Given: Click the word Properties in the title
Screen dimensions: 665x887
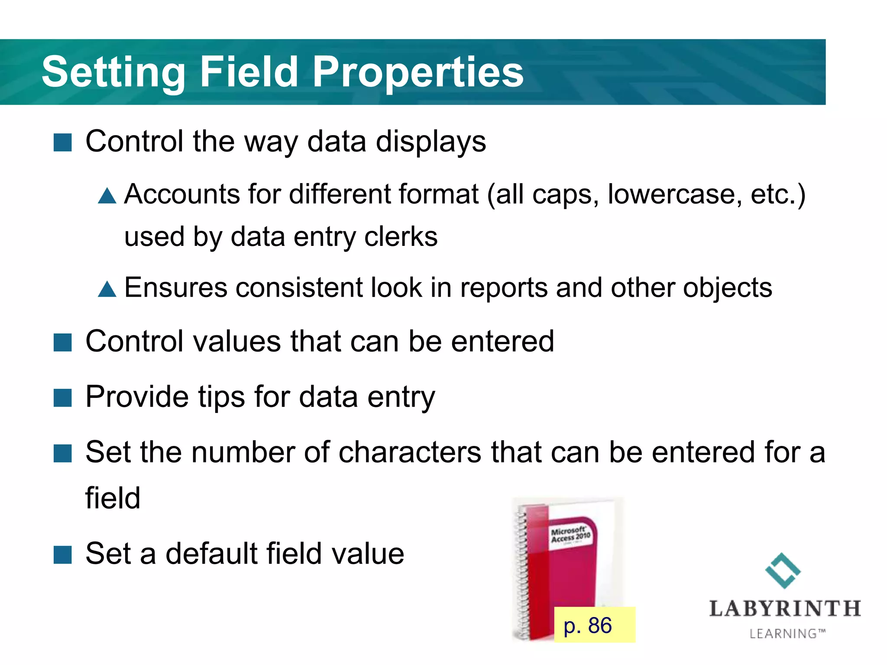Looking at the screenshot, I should [x=418, y=73].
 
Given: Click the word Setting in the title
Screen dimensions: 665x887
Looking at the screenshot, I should [x=113, y=73].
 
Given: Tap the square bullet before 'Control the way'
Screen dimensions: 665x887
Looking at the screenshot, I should [x=62, y=142].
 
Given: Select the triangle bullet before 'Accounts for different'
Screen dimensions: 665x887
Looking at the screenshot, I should [x=107, y=196].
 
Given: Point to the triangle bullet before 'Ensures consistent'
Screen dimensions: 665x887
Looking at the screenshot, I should [x=107, y=289].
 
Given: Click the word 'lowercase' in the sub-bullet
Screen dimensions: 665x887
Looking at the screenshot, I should [x=671, y=194].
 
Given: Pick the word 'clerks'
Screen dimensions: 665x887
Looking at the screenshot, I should [x=401, y=237].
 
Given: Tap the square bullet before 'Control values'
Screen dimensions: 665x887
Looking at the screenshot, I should [x=62, y=342].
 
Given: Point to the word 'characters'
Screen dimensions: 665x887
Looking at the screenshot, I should [x=410, y=452].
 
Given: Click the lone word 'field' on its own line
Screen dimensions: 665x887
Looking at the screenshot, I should [x=113, y=498].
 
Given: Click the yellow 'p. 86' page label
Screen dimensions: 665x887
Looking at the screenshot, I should [x=594, y=625].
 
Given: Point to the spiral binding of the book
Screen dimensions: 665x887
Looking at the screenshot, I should [x=522, y=576].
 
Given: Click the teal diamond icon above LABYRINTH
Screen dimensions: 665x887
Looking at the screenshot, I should [x=783, y=571].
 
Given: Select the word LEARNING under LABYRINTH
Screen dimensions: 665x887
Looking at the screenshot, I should [x=783, y=634].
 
